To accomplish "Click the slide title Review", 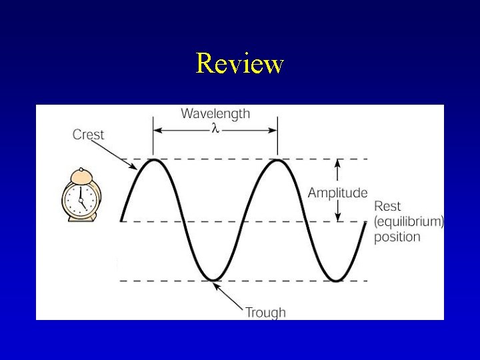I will pyautogui.click(x=240, y=64).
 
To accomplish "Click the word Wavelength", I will pyautogui.click(x=215, y=113).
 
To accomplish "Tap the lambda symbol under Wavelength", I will pyautogui.click(x=215, y=129).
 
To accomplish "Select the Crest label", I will pyautogui.click(x=88, y=135).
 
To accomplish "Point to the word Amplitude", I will pyautogui.click(x=337, y=193).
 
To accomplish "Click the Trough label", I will pyautogui.click(x=265, y=312).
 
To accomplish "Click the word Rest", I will pyautogui.click(x=387, y=206).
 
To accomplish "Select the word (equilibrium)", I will pyautogui.click(x=409, y=221).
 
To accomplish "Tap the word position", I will pyautogui.click(x=397, y=237).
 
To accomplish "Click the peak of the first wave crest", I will pyautogui.click(x=154, y=160).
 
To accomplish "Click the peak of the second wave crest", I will pyautogui.click(x=277, y=160).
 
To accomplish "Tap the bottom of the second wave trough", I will pyautogui.click(x=335, y=279).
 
